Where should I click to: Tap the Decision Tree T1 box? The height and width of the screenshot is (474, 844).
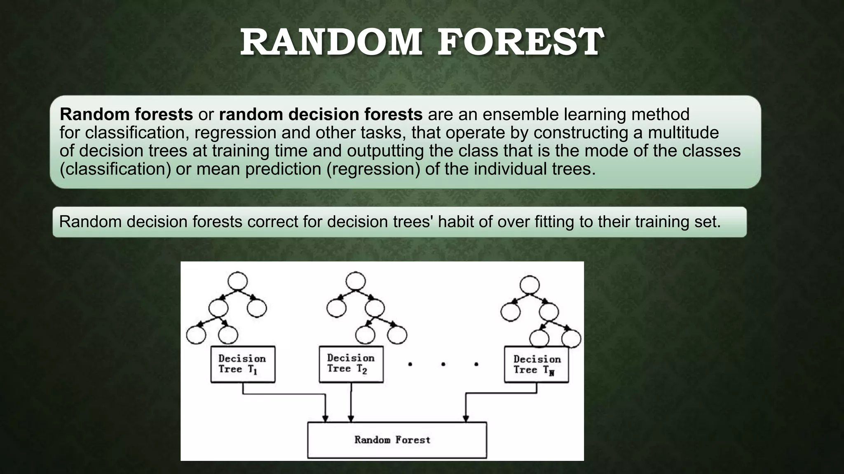click(x=243, y=364)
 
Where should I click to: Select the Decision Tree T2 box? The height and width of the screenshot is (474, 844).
click(x=351, y=364)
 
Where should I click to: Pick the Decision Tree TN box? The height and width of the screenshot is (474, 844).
click(x=536, y=365)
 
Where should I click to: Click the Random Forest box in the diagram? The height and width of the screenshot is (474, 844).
click(x=397, y=440)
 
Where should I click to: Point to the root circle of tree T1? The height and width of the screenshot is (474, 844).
click(x=237, y=282)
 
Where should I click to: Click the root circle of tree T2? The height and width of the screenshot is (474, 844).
click(x=356, y=281)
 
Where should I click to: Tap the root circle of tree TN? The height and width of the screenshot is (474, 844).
click(x=530, y=285)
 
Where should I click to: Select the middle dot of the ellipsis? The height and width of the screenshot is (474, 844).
click(x=443, y=364)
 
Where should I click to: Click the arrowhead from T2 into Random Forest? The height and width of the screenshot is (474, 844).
click(x=351, y=418)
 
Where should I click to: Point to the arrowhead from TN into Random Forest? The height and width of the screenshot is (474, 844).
click(x=466, y=418)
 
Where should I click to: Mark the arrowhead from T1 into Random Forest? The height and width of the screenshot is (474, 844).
click(x=325, y=418)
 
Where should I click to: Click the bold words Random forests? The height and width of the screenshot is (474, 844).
click(x=126, y=114)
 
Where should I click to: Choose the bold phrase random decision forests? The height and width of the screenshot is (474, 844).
click(x=321, y=114)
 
